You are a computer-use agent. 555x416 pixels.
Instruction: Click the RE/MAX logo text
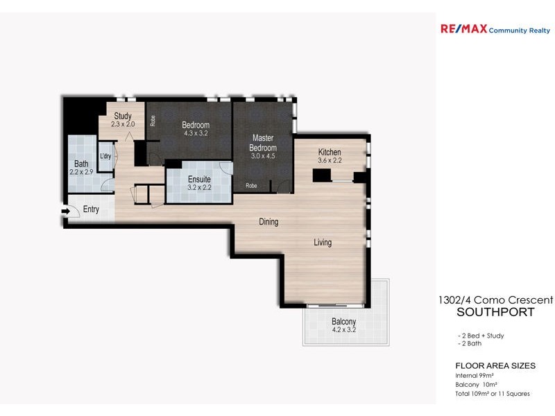pos(464,29)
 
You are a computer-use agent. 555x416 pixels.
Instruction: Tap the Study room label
pos(123,116)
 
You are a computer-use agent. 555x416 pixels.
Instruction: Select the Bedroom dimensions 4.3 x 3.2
pos(196,133)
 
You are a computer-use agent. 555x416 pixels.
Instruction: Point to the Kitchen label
pos(330,153)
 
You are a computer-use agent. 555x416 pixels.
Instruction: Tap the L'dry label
pos(105,156)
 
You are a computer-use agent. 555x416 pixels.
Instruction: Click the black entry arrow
pos(65,211)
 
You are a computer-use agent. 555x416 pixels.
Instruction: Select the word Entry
pos(91,209)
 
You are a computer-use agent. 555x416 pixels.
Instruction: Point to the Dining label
pos(268,222)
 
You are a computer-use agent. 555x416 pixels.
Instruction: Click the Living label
pos(323,243)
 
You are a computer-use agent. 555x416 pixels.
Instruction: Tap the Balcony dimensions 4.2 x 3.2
pos(343,330)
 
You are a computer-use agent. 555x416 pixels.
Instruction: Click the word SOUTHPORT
pos(495,312)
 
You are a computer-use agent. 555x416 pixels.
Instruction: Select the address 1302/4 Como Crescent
pos(495,300)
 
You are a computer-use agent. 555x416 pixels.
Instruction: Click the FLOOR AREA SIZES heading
pos(495,365)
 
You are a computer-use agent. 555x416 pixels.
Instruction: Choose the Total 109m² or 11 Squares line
pos(492,393)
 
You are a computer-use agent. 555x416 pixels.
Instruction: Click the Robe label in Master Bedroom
pos(251,186)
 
